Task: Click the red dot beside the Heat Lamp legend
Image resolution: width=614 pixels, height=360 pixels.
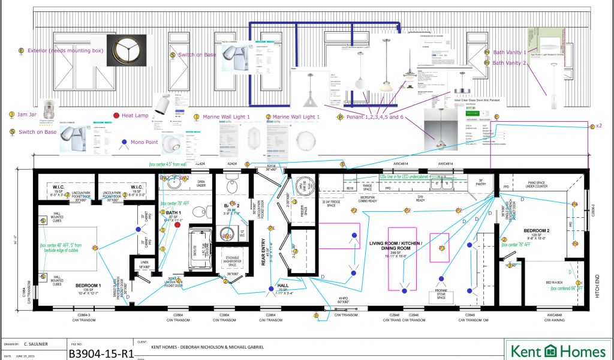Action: pos(116,115)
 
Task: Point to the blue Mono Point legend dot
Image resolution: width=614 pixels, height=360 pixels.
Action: pos(124,143)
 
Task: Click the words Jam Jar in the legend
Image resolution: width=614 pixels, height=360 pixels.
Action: pos(29,115)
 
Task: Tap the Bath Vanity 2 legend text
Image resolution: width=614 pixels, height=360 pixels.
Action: pos(508,62)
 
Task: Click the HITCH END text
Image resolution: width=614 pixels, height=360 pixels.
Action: pos(596,286)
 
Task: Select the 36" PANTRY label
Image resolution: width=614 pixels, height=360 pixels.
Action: pos(480,182)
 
